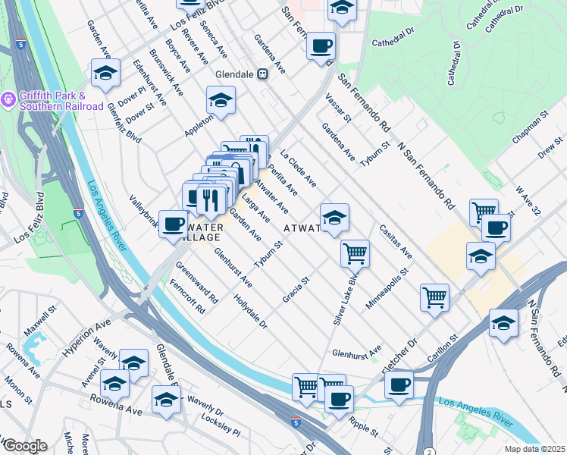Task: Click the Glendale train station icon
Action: (x=263, y=74)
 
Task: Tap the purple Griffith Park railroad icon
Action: (x=9, y=99)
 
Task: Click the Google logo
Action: (x=24, y=446)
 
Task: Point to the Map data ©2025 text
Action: (x=534, y=449)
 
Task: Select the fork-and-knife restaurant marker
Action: (x=211, y=199)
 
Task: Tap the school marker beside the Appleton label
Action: (x=220, y=101)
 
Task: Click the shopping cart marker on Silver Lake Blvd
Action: (x=355, y=253)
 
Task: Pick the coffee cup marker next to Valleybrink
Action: (x=174, y=224)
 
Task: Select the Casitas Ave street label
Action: (x=396, y=241)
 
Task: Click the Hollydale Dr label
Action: (x=252, y=310)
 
